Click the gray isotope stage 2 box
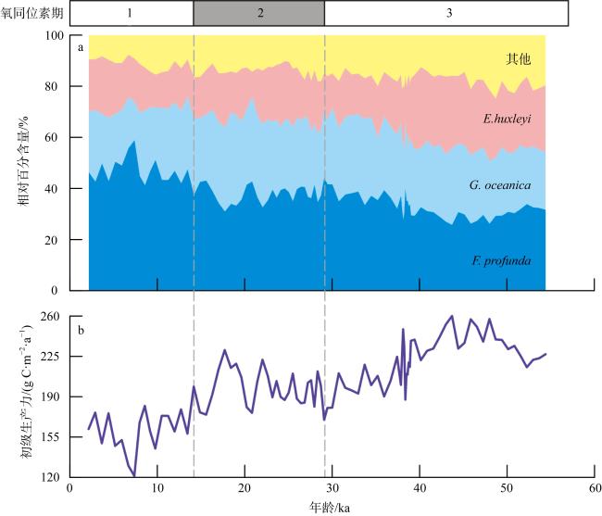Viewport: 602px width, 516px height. (259, 13)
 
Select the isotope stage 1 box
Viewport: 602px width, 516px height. (131, 13)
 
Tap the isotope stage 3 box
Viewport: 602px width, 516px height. (448, 13)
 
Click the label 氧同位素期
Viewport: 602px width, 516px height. (33, 13)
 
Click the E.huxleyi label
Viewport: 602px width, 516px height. (506, 119)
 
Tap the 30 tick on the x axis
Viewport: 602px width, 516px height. (332, 488)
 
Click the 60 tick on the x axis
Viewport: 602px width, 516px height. (594, 488)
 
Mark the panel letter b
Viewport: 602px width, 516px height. (82, 327)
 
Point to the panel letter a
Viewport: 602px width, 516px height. (82, 47)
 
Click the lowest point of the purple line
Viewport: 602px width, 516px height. (134, 475)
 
